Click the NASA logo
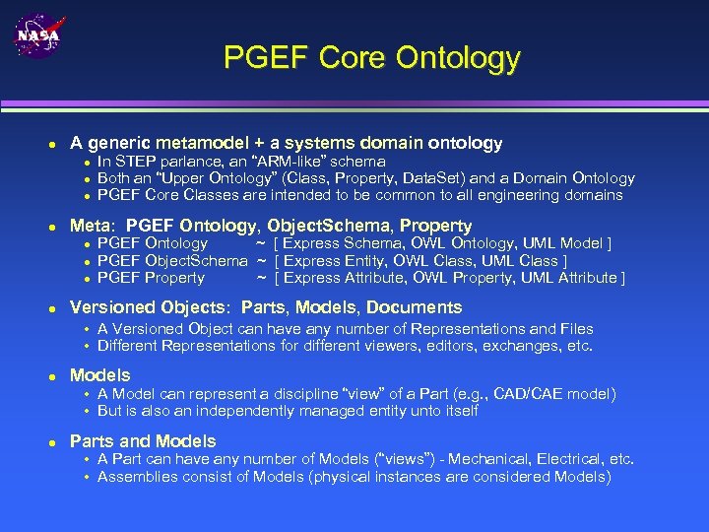click(x=37, y=36)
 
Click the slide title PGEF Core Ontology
click(x=371, y=57)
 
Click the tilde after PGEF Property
click(x=261, y=278)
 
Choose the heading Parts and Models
click(x=143, y=441)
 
